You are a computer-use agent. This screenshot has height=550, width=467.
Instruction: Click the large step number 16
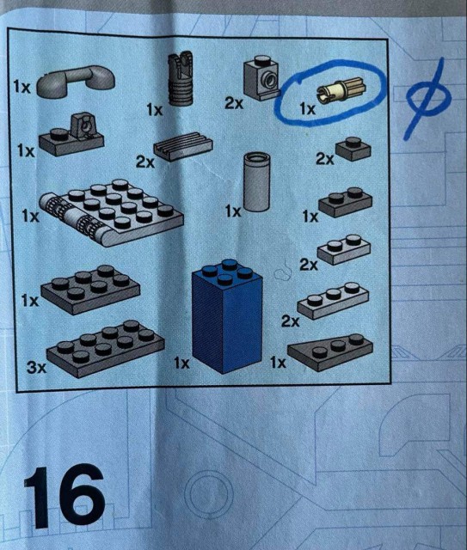click(x=65, y=497)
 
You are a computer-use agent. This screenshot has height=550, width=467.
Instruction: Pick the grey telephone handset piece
click(x=76, y=82)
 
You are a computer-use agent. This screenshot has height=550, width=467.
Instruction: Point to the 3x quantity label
click(x=37, y=367)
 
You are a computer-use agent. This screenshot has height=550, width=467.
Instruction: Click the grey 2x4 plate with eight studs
click(x=105, y=348)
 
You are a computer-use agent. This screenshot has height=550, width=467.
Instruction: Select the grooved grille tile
click(x=183, y=146)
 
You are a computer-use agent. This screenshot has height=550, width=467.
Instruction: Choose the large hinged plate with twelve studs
click(x=112, y=213)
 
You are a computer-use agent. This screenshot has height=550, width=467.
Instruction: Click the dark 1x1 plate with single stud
click(x=353, y=149)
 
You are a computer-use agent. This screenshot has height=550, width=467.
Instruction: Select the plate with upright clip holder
click(x=71, y=135)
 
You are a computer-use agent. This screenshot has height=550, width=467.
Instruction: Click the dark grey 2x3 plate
click(x=90, y=290)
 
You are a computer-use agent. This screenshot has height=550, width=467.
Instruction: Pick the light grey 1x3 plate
click(x=333, y=300)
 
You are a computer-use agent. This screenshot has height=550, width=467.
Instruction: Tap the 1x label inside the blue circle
click(x=308, y=109)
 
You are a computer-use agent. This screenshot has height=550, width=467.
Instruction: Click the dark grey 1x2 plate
click(x=345, y=203)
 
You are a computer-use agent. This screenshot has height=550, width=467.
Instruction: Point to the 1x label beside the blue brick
click(x=181, y=363)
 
